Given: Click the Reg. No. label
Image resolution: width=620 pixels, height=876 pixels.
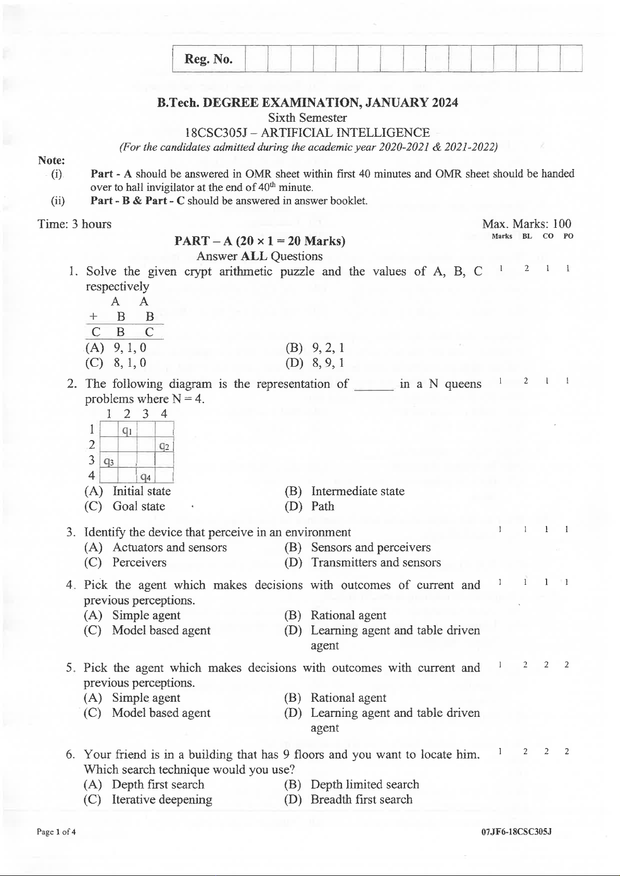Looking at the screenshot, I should click(208, 59).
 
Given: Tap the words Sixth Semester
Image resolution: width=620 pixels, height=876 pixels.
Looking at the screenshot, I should click(307, 118).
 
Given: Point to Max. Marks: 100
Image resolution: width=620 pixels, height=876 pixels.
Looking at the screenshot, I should click(526, 224).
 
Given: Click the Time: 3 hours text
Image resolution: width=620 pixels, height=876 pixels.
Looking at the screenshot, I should click(74, 224).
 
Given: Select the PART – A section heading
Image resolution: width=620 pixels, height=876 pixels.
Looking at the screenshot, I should click(260, 241).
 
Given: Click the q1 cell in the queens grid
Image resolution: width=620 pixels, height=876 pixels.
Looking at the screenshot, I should click(127, 430).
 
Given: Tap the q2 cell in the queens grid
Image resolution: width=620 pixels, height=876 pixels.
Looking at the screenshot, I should click(164, 446).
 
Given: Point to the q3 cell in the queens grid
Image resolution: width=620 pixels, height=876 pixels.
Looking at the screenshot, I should click(109, 461).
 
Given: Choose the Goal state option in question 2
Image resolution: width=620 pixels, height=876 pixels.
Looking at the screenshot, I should click(138, 506).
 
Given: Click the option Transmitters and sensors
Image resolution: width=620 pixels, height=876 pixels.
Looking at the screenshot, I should click(375, 562).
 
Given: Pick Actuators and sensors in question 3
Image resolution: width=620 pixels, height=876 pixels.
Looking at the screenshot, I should click(169, 547).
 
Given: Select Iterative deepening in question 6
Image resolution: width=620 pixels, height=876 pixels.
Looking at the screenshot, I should click(161, 800).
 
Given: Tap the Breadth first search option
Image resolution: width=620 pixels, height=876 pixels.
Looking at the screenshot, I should click(361, 800).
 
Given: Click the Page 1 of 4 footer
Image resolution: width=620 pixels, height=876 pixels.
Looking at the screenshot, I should click(56, 832).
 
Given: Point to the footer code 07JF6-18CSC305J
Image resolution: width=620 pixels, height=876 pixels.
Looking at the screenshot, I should click(516, 832).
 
